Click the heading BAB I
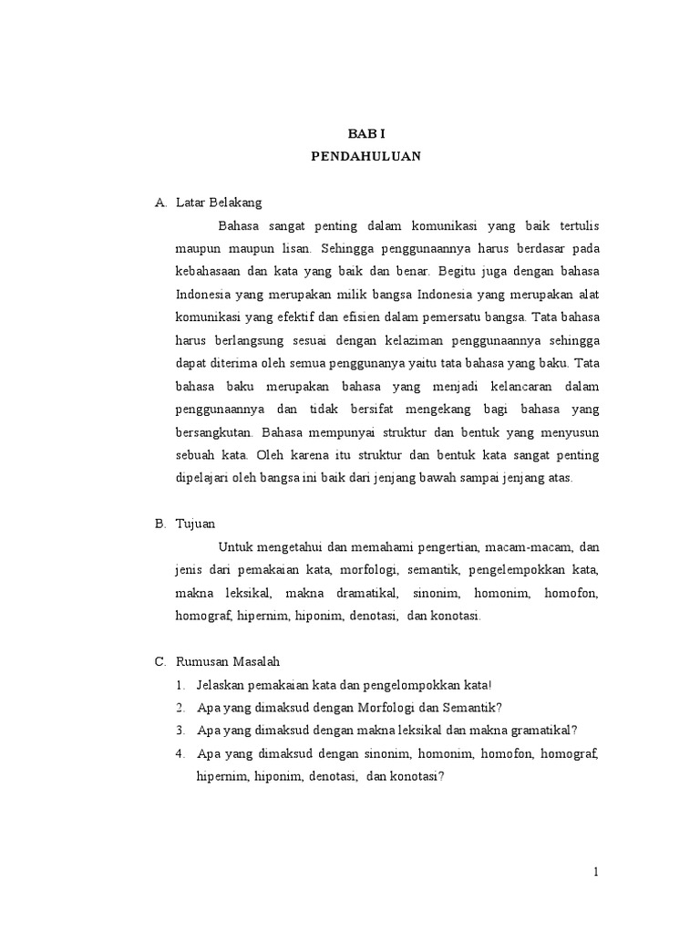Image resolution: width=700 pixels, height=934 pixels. tap(365, 132)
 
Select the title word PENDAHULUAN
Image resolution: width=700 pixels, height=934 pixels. tap(365, 156)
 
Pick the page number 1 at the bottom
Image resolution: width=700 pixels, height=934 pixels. tap(596, 871)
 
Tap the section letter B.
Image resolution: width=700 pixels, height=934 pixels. tap(160, 524)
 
